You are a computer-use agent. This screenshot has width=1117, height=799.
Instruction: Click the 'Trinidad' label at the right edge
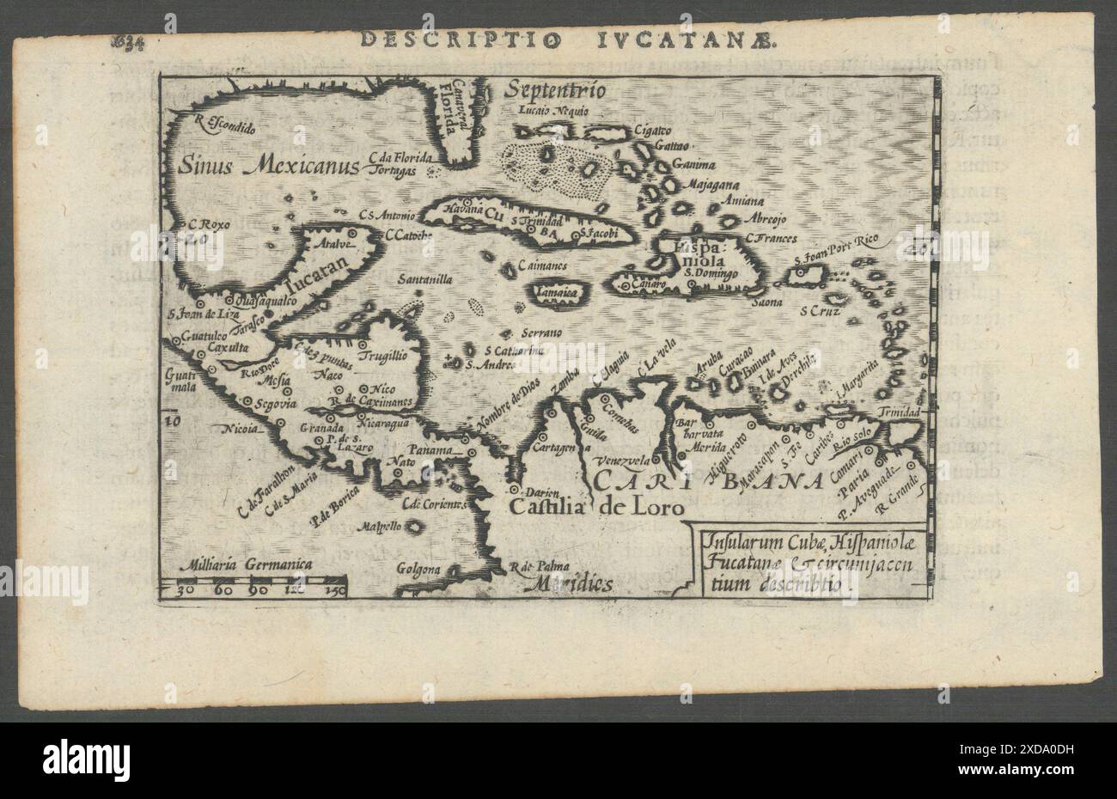coord(900,413)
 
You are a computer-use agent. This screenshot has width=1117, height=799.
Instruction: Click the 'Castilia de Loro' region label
coord(597,508)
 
